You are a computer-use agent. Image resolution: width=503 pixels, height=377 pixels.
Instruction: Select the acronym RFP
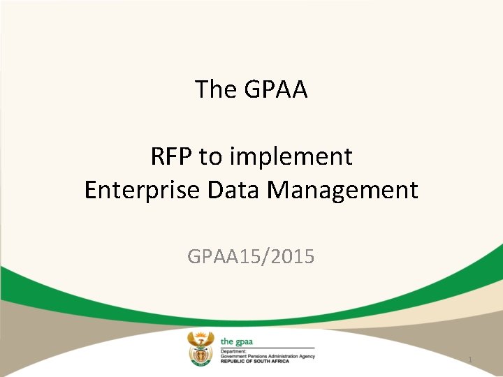tap(172, 157)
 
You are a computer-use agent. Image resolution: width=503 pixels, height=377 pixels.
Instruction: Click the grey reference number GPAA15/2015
tap(251, 257)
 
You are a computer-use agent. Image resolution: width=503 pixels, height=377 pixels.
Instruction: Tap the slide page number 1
tap(470, 360)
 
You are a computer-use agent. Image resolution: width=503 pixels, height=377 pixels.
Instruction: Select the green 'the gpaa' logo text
tap(236, 341)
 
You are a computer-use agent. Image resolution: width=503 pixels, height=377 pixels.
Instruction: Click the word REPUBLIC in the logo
tap(233, 361)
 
